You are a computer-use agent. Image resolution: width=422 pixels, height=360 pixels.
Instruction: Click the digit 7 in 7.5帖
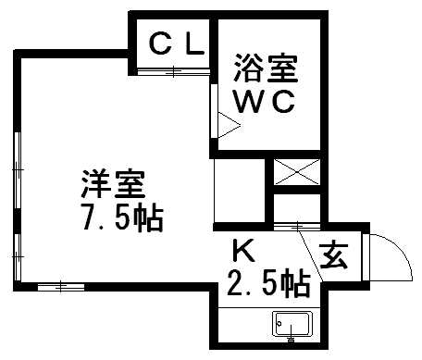[x=90, y=219]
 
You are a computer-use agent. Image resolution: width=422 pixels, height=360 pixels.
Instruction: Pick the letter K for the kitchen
[x=242, y=250]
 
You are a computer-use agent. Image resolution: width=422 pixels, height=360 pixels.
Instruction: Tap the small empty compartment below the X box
[x=295, y=208]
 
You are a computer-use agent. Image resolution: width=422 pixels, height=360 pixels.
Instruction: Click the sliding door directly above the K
[x=289, y=227]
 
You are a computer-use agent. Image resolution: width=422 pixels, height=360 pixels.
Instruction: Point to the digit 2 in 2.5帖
[x=234, y=281]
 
